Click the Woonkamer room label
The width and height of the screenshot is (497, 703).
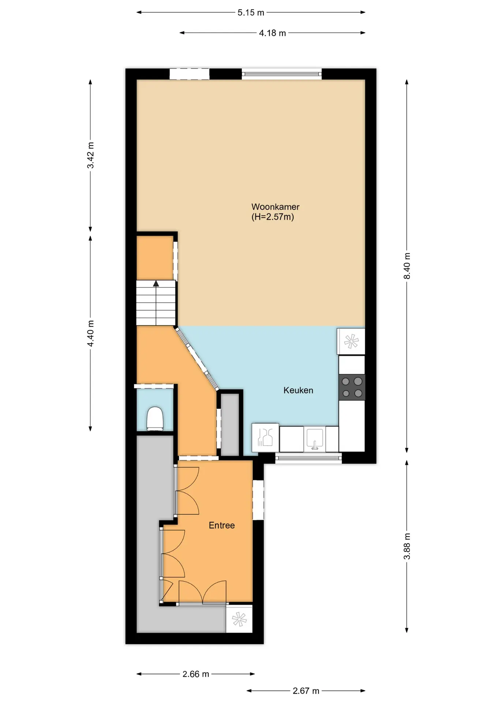(x=275, y=207)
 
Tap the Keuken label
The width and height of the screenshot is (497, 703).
(x=298, y=390)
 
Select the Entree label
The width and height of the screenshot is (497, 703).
(x=222, y=525)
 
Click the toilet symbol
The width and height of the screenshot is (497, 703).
(x=155, y=419)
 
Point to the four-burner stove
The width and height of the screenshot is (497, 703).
(x=352, y=387)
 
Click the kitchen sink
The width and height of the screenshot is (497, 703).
(x=315, y=439)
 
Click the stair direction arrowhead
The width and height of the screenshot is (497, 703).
(x=156, y=283)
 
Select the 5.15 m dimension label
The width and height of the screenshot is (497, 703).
(x=251, y=13)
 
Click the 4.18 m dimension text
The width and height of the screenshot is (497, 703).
(x=272, y=33)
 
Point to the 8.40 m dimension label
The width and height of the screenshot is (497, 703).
(x=407, y=266)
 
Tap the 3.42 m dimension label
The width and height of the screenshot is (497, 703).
(x=90, y=155)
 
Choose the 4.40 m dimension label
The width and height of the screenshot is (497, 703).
(x=90, y=333)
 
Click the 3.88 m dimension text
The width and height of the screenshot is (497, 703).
(x=407, y=546)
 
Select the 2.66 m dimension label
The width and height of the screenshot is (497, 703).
(x=196, y=674)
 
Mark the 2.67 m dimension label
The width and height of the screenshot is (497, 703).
(x=306, y=691)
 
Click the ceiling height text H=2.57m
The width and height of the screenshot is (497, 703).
(x=273, y=217)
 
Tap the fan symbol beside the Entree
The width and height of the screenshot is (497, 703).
(x=239, y=619)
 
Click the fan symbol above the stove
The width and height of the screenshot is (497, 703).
(x=351, y=342)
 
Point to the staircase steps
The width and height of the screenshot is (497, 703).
(x=156, y=303)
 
